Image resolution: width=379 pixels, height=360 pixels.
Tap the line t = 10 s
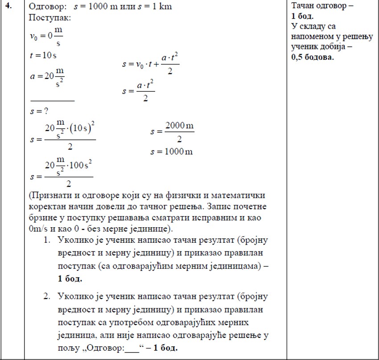pyautogui.click(x=43, y=56)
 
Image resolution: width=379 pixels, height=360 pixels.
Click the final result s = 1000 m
pyautogui.click(x=172, y=151)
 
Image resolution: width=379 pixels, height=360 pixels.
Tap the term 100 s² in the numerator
pyautogui.click(x=80, y=166)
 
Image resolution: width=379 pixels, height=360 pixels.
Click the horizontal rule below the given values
pyautogui.click(x=52, y=101)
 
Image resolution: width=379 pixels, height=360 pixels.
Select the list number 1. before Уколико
pyautogui.click(x=47, y=240)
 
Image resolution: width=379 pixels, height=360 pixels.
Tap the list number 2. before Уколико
pyautogui.click(x=47, y=297)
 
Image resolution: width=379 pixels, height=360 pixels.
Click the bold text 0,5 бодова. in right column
pyautogui.click(x=313, y=57)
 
